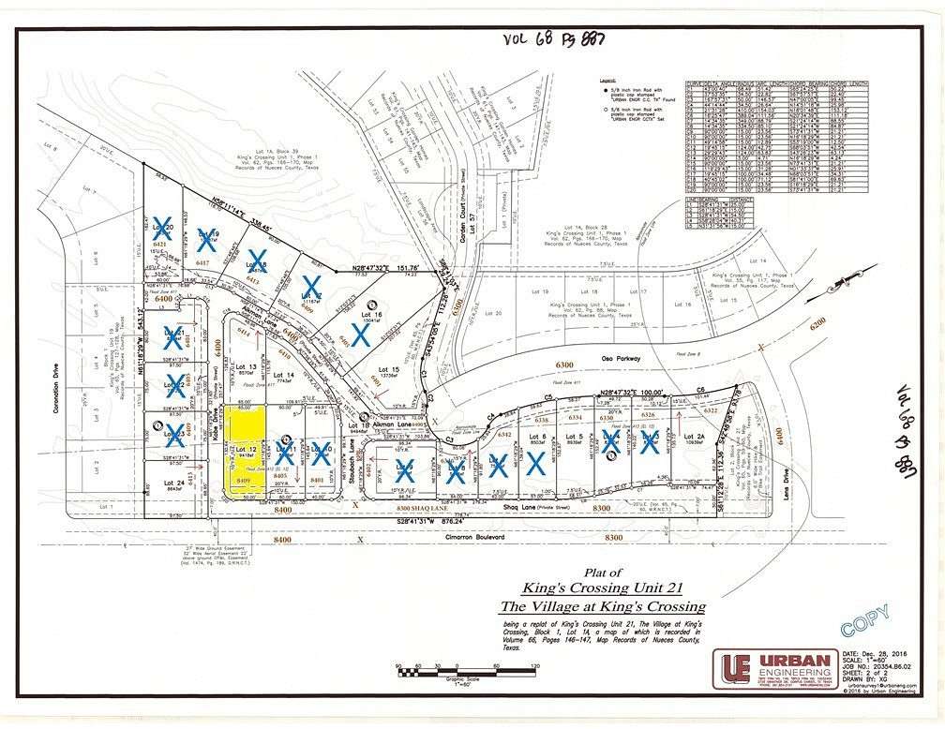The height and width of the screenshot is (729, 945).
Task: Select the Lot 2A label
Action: (694, 437)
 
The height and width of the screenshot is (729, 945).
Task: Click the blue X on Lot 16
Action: (360, 334)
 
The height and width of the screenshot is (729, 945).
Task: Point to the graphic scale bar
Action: (465, 669)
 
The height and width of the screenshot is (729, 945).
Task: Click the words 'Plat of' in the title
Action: (603, 573)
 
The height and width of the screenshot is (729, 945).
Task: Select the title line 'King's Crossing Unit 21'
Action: (603, 589)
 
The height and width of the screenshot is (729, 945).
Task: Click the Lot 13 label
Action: (246, 364)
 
